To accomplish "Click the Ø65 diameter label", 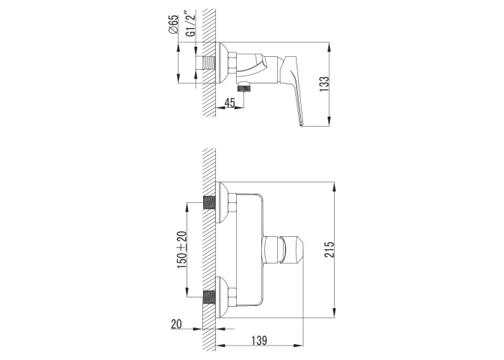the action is (173, 24).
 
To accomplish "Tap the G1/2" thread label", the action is (191, 24).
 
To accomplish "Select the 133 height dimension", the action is (324, 84).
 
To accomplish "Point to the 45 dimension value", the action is (230, 103).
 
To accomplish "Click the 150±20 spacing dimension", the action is (181, 250).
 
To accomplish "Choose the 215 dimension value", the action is (330, 249).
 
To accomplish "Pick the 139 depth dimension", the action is (258, 340).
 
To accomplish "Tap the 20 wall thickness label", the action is (176, 324).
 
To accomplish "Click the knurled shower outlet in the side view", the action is (244, 87).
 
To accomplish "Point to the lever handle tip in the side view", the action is (301, 124).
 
